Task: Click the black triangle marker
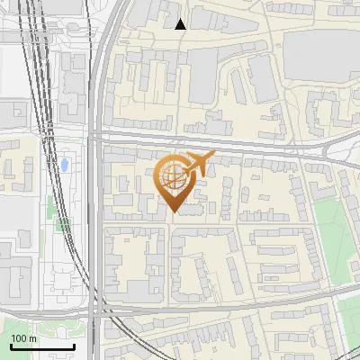(181, 24)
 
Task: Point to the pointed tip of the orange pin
(173, 212)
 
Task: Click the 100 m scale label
(23, 338)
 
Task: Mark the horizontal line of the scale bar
(42, 346)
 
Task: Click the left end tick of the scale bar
(11, 345)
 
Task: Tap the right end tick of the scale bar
(74, 345)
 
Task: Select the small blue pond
(67, 166)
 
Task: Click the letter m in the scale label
(32, 338)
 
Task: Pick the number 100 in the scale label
(19, 338)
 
